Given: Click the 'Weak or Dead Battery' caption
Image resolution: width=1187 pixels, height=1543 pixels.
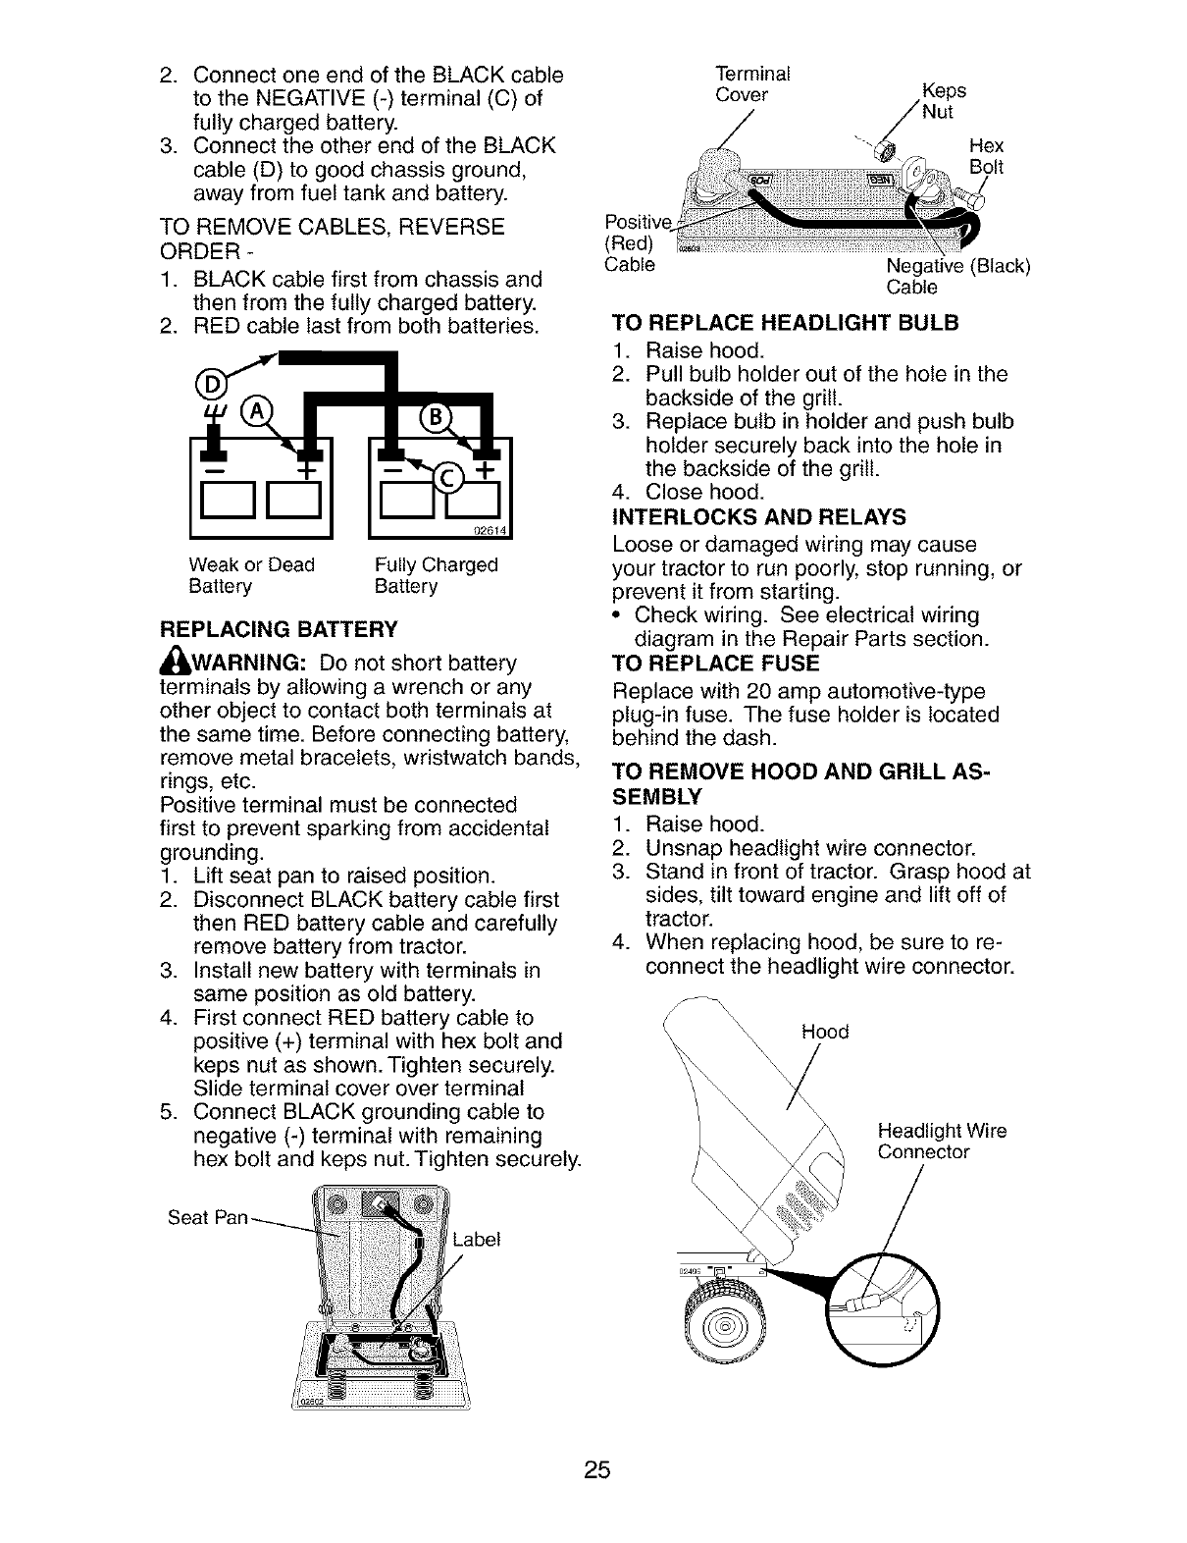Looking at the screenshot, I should (x=251, y=576).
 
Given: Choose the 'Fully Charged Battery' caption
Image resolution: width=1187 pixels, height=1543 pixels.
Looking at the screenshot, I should (x=437, y=576).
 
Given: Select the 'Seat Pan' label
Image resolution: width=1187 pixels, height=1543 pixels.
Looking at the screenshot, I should (x=207, y=1218).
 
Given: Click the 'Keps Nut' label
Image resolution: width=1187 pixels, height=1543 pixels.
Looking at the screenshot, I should (x=942, y=100).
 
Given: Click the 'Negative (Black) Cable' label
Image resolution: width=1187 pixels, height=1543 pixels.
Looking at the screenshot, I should (x=956, y=277).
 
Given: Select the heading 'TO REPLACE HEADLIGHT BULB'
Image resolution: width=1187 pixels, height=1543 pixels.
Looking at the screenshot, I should (x=784, y=323).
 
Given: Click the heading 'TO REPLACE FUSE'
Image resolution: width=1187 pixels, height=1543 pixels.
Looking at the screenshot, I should (x=715, y=663).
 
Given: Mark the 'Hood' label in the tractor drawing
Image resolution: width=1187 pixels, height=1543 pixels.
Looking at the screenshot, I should (x=824, y=1032).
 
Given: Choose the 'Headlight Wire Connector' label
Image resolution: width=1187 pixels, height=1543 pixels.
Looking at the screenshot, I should (x=941, y=1142).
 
